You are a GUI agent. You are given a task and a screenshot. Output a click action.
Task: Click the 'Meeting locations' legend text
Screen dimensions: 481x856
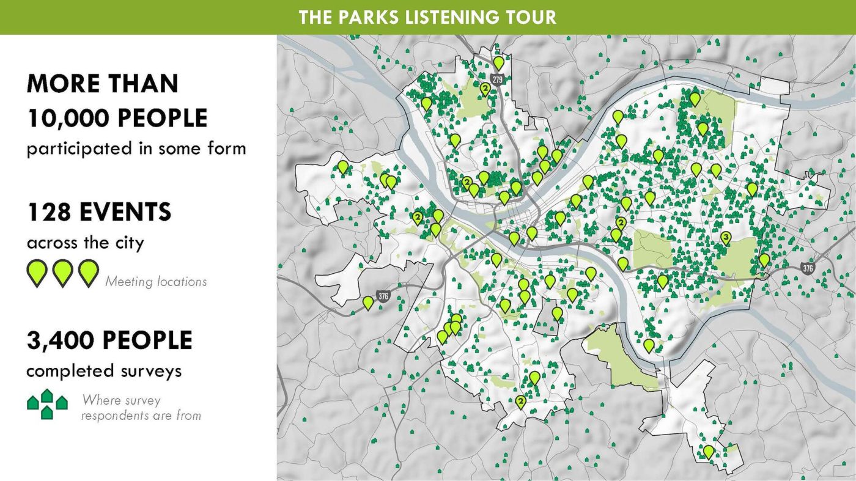coord(156,282)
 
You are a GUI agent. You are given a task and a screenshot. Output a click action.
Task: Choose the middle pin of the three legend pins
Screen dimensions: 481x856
coord(62,273)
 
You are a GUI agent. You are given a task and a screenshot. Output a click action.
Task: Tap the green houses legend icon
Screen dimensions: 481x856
coord(47,404)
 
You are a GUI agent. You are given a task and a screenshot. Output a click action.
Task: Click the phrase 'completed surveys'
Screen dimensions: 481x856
coord(103,371)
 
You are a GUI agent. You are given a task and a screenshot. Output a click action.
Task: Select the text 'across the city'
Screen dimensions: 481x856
coord(85,243)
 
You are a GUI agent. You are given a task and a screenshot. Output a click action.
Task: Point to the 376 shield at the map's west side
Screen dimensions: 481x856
coord(383,296)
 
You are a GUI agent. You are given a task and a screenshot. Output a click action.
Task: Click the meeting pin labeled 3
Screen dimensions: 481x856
coord(725,237)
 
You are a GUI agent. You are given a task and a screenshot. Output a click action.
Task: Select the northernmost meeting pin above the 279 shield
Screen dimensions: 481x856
coord(499,62)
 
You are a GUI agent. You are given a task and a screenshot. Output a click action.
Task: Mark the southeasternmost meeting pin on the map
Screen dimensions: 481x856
coord(708,451)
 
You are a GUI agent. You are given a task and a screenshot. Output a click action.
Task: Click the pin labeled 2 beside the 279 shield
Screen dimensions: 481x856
coord(485,89)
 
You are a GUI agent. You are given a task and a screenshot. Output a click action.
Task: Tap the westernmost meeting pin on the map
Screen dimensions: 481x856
coord(343,166)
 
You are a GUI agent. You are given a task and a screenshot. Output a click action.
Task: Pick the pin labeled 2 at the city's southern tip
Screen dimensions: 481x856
coord(520,402)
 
